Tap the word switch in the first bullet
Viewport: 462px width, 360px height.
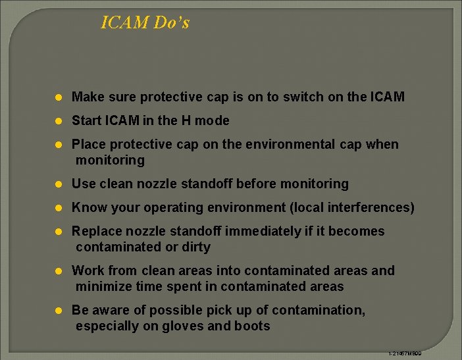click(303, 97)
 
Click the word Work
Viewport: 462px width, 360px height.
click(87, 271)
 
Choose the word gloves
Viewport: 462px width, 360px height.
click(184, 326)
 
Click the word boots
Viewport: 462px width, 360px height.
click(252, 326)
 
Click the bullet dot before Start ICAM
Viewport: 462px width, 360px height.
click(59, 121)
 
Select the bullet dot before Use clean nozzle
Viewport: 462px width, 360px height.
click(59, 184)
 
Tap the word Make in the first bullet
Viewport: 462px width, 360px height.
click(87, 97)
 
